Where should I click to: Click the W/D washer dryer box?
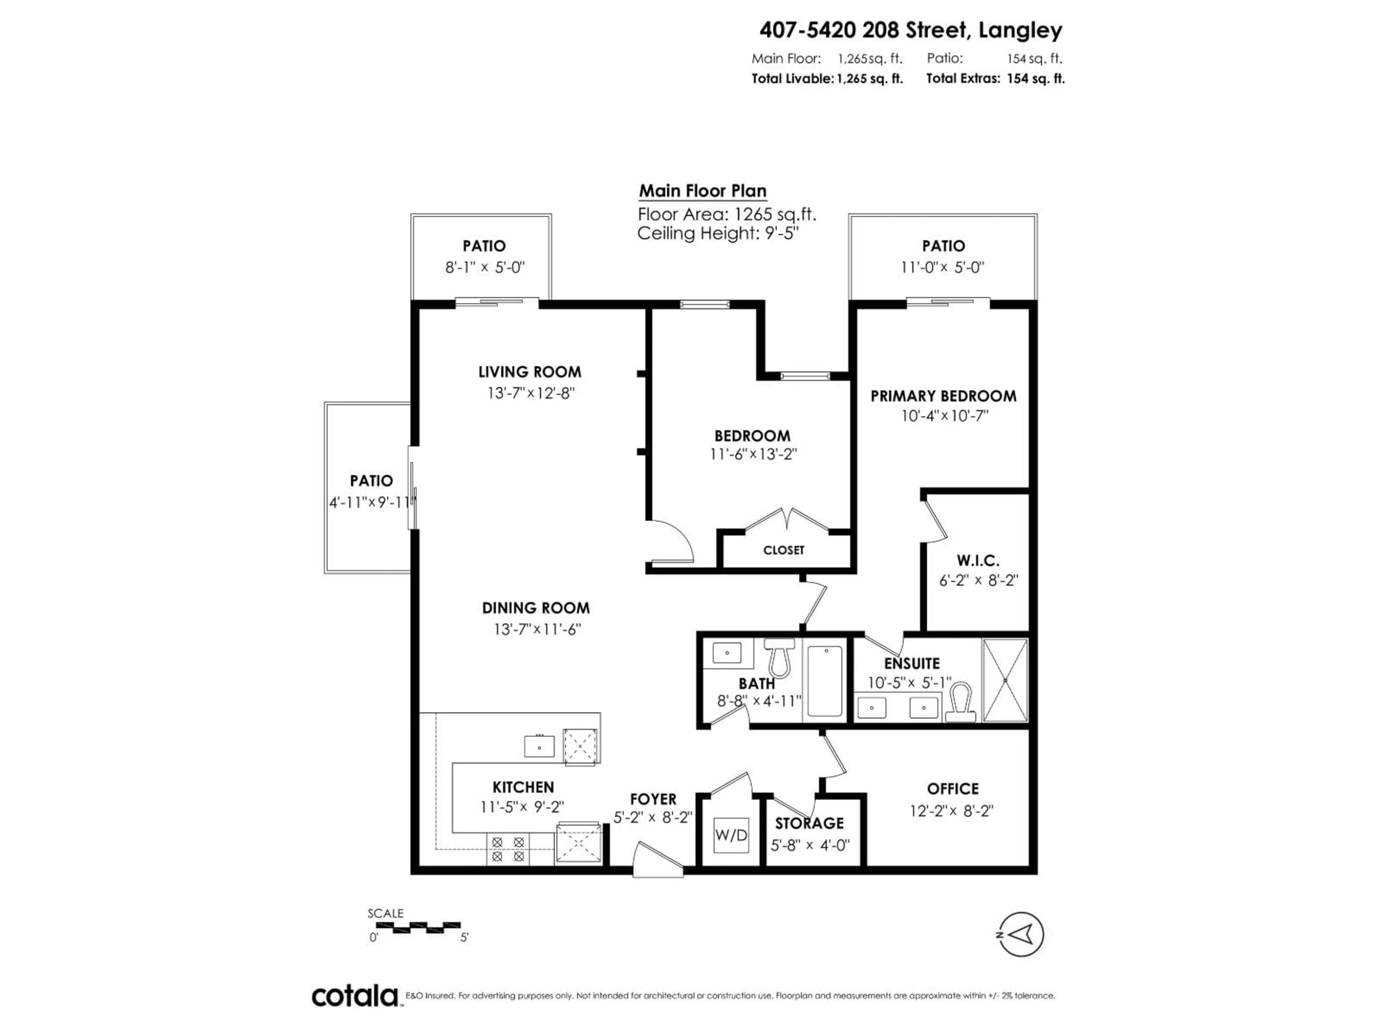click(731, 835)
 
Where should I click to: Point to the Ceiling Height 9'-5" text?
click(718, 233)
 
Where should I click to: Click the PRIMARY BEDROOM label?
click(943, 396)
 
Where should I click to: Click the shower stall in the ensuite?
click(1004, 680)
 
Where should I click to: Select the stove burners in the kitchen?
click(507, 849)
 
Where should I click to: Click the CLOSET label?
click(783, 550)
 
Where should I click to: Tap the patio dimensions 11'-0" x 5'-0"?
click(942, 267)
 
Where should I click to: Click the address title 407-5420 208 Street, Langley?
click(910, 30)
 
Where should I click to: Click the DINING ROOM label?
click(536, 608)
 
